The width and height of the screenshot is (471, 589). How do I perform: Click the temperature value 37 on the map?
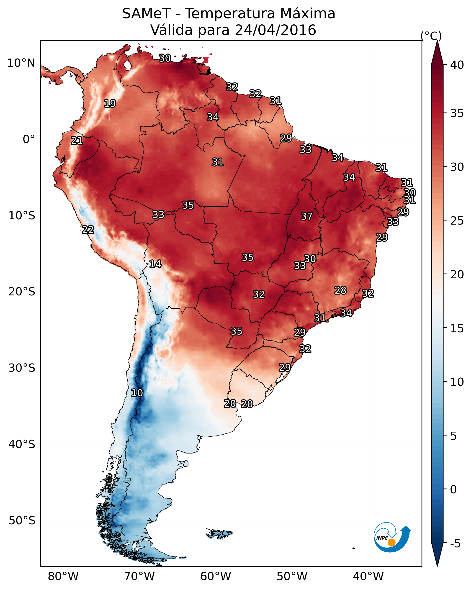306,216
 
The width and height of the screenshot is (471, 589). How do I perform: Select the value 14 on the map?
155,264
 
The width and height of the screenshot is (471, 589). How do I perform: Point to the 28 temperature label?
340,290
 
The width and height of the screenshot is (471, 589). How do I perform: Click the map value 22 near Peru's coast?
88,230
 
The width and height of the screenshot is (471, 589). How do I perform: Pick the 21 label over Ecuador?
77,141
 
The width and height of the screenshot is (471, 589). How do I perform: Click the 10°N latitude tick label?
21,63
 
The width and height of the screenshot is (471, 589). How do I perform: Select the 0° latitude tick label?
29,139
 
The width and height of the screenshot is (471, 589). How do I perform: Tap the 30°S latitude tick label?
22,368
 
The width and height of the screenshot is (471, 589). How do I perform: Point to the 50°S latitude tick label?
22,521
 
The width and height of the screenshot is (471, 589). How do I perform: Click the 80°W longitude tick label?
63,576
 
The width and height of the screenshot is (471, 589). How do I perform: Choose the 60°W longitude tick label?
216,576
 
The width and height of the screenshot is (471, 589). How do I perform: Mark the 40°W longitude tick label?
368,576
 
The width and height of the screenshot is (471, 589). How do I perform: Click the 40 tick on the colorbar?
457,65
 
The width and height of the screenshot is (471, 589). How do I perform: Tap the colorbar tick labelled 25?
457,220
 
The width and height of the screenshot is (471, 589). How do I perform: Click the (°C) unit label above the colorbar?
431,36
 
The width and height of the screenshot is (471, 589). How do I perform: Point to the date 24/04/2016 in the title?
275,30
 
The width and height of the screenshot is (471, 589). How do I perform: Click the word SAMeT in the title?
146,13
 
